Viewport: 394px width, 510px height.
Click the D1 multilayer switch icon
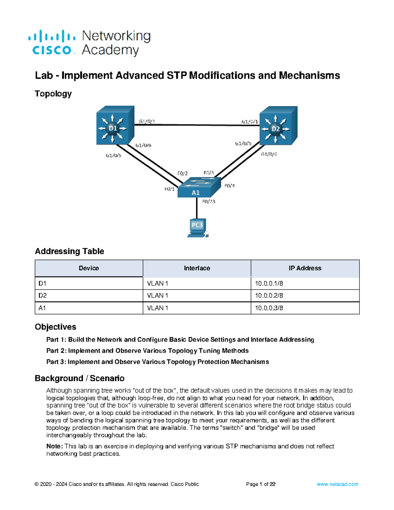coord(115,126)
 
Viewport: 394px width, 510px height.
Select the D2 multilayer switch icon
coord(278,126)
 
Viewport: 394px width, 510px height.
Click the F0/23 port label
coord(208,202)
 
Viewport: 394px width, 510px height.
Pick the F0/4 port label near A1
coord(230,186)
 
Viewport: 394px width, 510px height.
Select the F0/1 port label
coord(169,189)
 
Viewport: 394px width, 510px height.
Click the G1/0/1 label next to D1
coord(147,121)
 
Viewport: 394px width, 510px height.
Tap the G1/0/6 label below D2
coord(269,154)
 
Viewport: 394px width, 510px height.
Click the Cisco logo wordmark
coord(52,50)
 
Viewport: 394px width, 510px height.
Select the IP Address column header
coord(305,268)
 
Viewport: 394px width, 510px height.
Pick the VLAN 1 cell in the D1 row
coord(158,283)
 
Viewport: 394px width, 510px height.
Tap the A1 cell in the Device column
coord(42,308)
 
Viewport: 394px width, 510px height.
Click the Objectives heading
coord(55,327)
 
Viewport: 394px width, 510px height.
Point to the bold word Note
coord(54,446)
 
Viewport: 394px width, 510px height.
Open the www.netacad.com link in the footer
coord(337,484)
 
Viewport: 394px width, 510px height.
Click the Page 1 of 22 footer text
coord(261,484)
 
